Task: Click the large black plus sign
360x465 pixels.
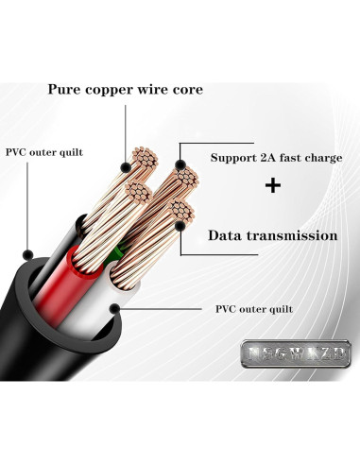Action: (273, 186)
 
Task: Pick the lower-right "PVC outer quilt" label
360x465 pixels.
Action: (253, 309)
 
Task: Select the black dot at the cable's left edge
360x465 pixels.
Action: (29, 254)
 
